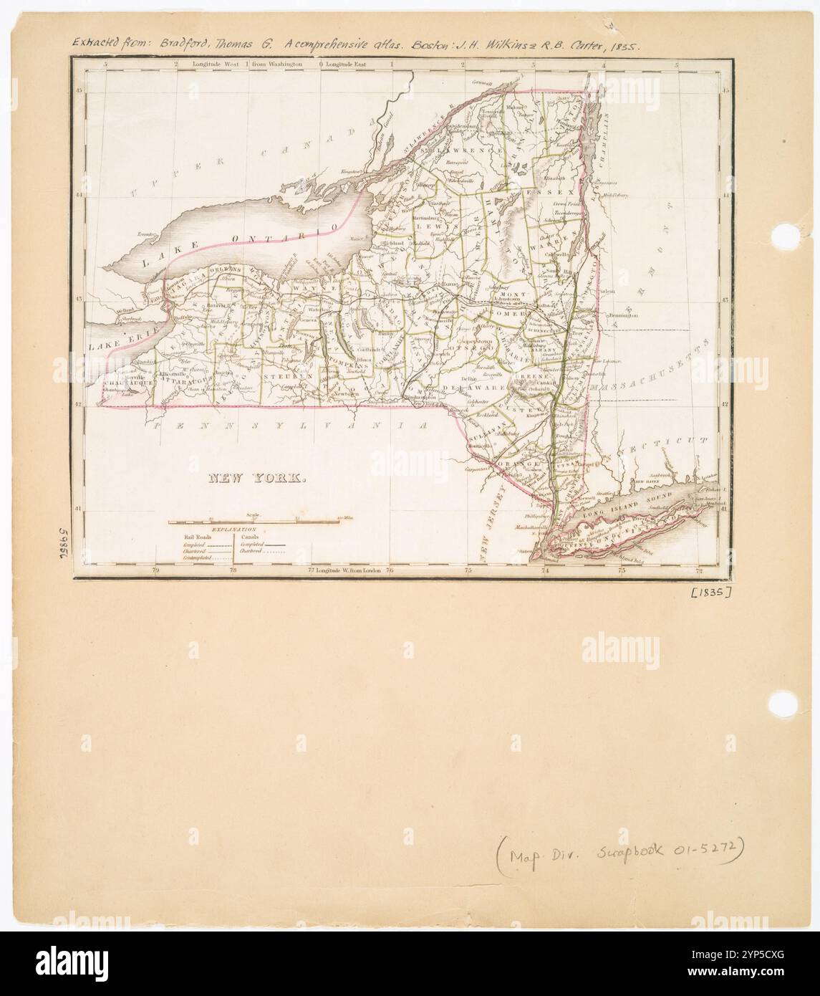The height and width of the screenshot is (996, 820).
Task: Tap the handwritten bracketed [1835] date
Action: tap(710, 592)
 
